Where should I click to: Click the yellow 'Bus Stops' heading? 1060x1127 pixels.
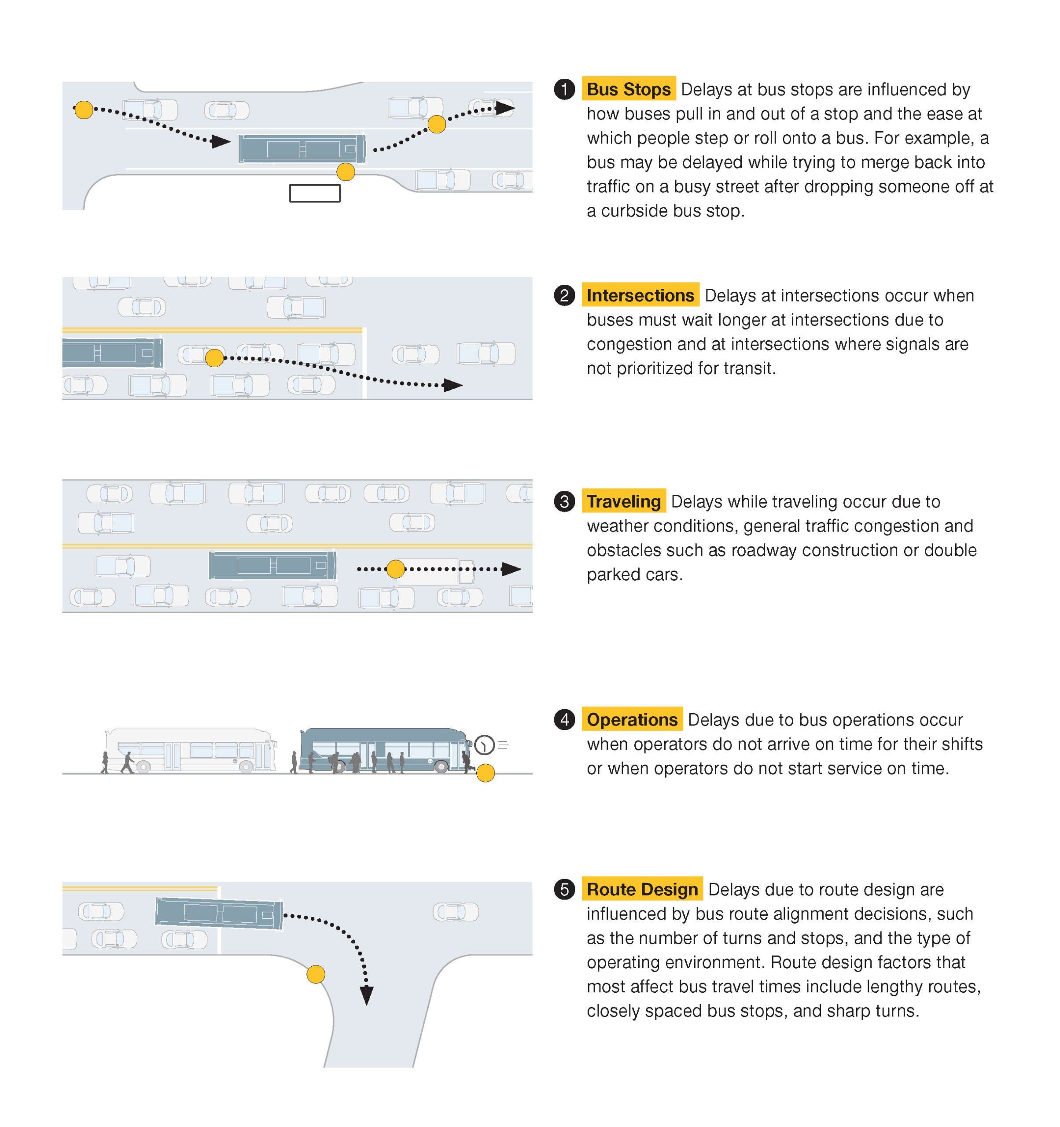coord(629,89)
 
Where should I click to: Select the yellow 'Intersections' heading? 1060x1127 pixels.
coord(640,295)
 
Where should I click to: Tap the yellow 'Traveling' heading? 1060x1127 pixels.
coord(623,502)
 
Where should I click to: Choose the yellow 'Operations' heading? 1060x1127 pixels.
coord(632,720)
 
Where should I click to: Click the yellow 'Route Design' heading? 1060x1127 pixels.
coord(642,889)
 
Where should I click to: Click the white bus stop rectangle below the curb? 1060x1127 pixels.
coord(315,193)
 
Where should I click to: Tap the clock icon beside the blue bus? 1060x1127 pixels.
coord(484,745)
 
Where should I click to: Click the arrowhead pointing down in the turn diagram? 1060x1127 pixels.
coord(367,995)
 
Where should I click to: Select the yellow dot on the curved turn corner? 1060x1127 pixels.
coord(316,975)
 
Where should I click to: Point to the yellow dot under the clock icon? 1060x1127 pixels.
coord(485,773)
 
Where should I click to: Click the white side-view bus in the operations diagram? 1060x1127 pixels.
coord(191,751)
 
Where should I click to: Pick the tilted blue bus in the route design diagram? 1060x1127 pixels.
coord(219,914)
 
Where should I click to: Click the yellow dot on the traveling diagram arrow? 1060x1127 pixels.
coord(396,569)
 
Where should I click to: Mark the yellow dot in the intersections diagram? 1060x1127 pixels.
coord(214,358)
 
